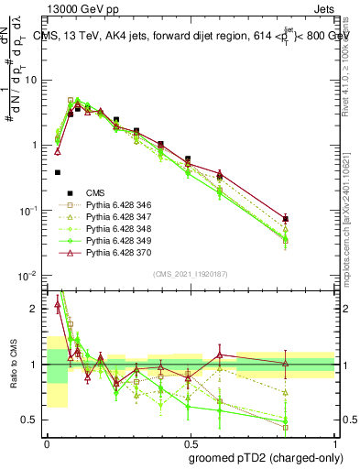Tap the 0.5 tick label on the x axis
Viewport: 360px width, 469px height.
click(x=189, y=441)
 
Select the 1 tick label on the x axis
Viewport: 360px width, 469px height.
click(x=332, y=441)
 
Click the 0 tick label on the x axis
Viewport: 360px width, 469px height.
click(x=46, y=441)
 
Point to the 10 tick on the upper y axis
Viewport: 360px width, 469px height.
click(x=32, y=80)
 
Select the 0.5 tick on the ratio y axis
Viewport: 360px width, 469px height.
click(x=32, y=420)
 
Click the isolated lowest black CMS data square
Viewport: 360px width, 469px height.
click(x=58, y=172)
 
